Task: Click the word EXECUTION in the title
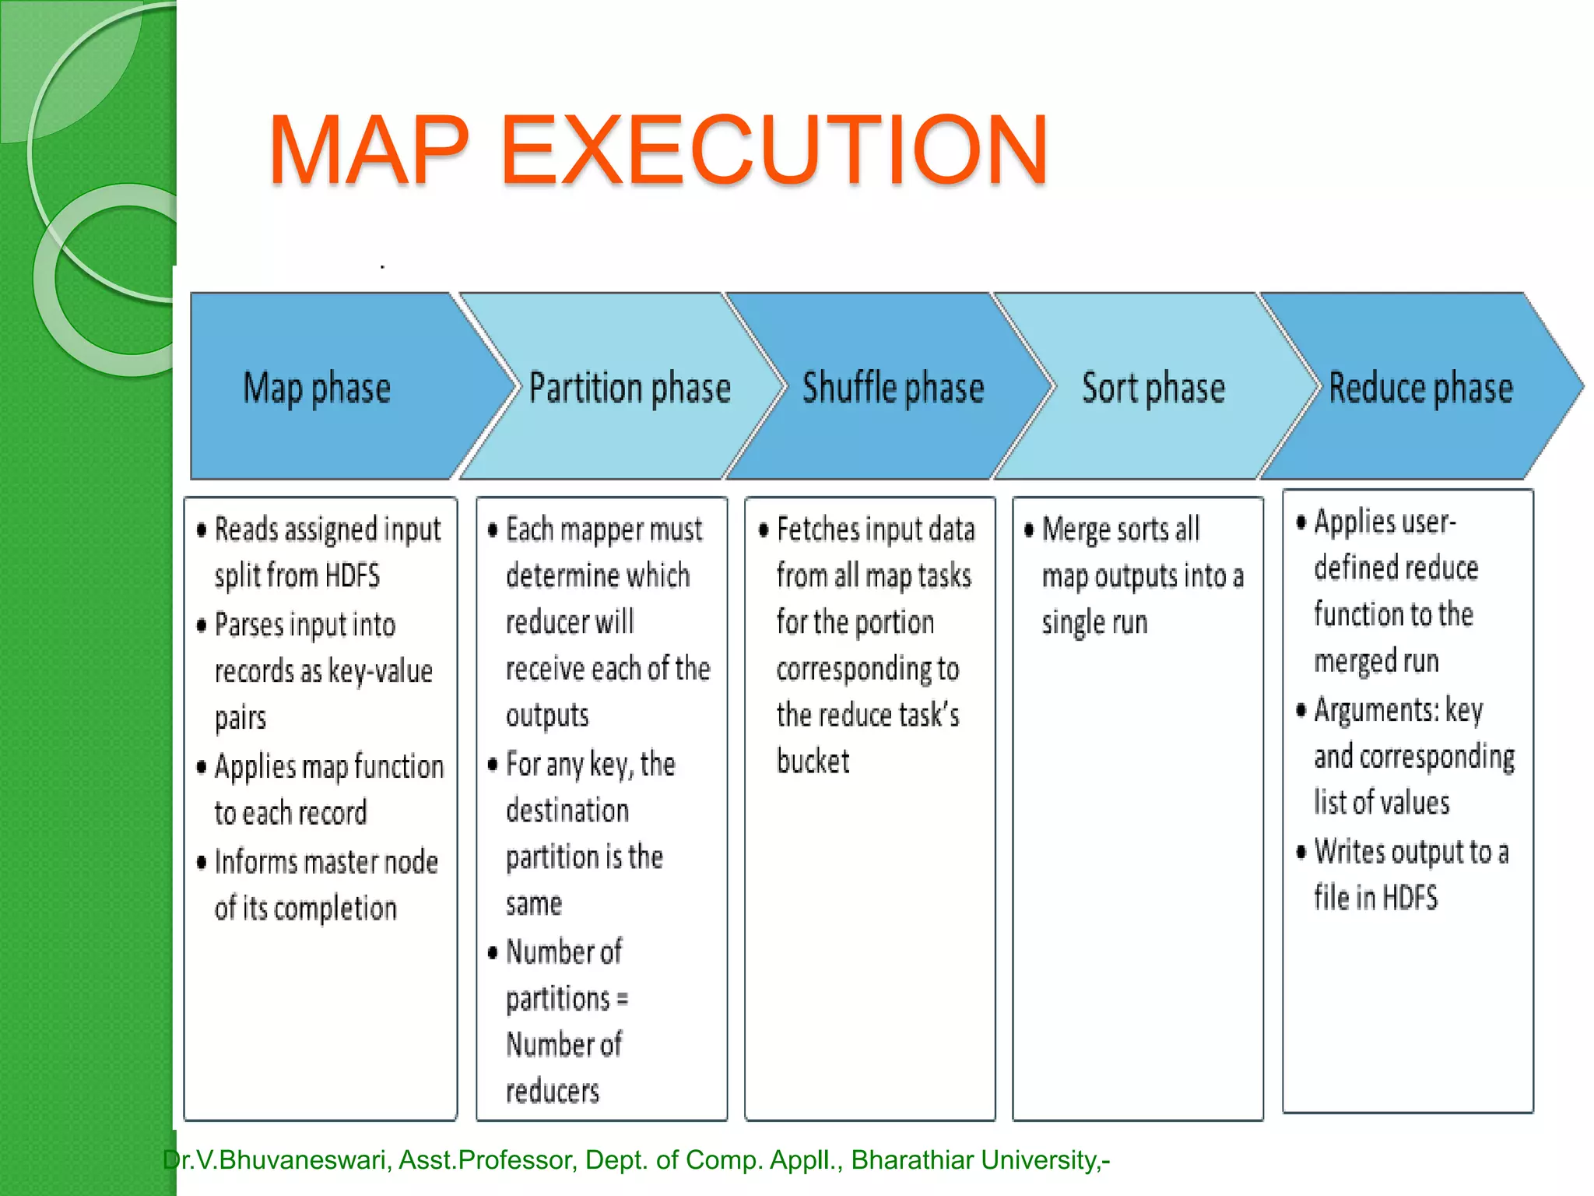[774, 149]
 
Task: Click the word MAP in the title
[369, 149]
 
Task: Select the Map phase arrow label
[317, 388]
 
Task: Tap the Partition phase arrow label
[630, 388]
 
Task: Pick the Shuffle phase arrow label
[893, 388]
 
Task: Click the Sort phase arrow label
[1153, 388]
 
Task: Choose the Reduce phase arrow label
[1420, 388]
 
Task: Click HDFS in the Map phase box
[352, 576]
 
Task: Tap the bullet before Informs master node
[202, 862]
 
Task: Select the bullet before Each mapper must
[493, 530]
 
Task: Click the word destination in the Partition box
[567, 811]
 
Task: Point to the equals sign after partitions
[622, 999]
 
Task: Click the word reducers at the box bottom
[553, 1092]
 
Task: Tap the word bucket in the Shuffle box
[813, 762]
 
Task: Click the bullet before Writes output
[1301, 852]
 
